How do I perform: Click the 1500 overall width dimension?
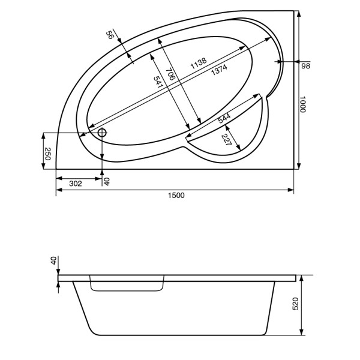click(x=176, y=196)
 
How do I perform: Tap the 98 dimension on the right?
click(x=305, y=66)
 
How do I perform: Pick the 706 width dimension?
click(x=171, y=73)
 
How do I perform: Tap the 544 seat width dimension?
click(x=224, y=118)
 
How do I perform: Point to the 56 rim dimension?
click(x=110, y=36)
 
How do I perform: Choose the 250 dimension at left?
click(x=47, y=153)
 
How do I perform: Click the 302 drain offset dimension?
click(x=75, y=184)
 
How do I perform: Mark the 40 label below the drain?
click(x=107, y=181)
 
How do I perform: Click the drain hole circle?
click(x=102, y=133)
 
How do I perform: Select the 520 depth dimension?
click(x=295, y=306)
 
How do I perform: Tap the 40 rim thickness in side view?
click(x=53, y=261)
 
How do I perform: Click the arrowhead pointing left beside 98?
click(x=283, y=62)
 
